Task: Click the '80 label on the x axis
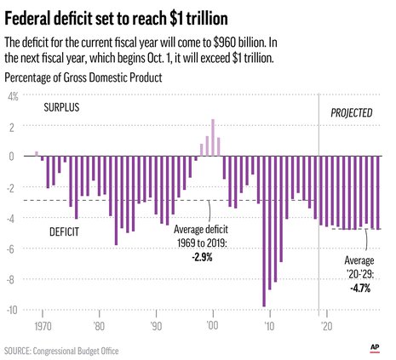point(100,326)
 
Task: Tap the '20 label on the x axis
point(325,326)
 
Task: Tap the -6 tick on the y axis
point(14,249)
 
